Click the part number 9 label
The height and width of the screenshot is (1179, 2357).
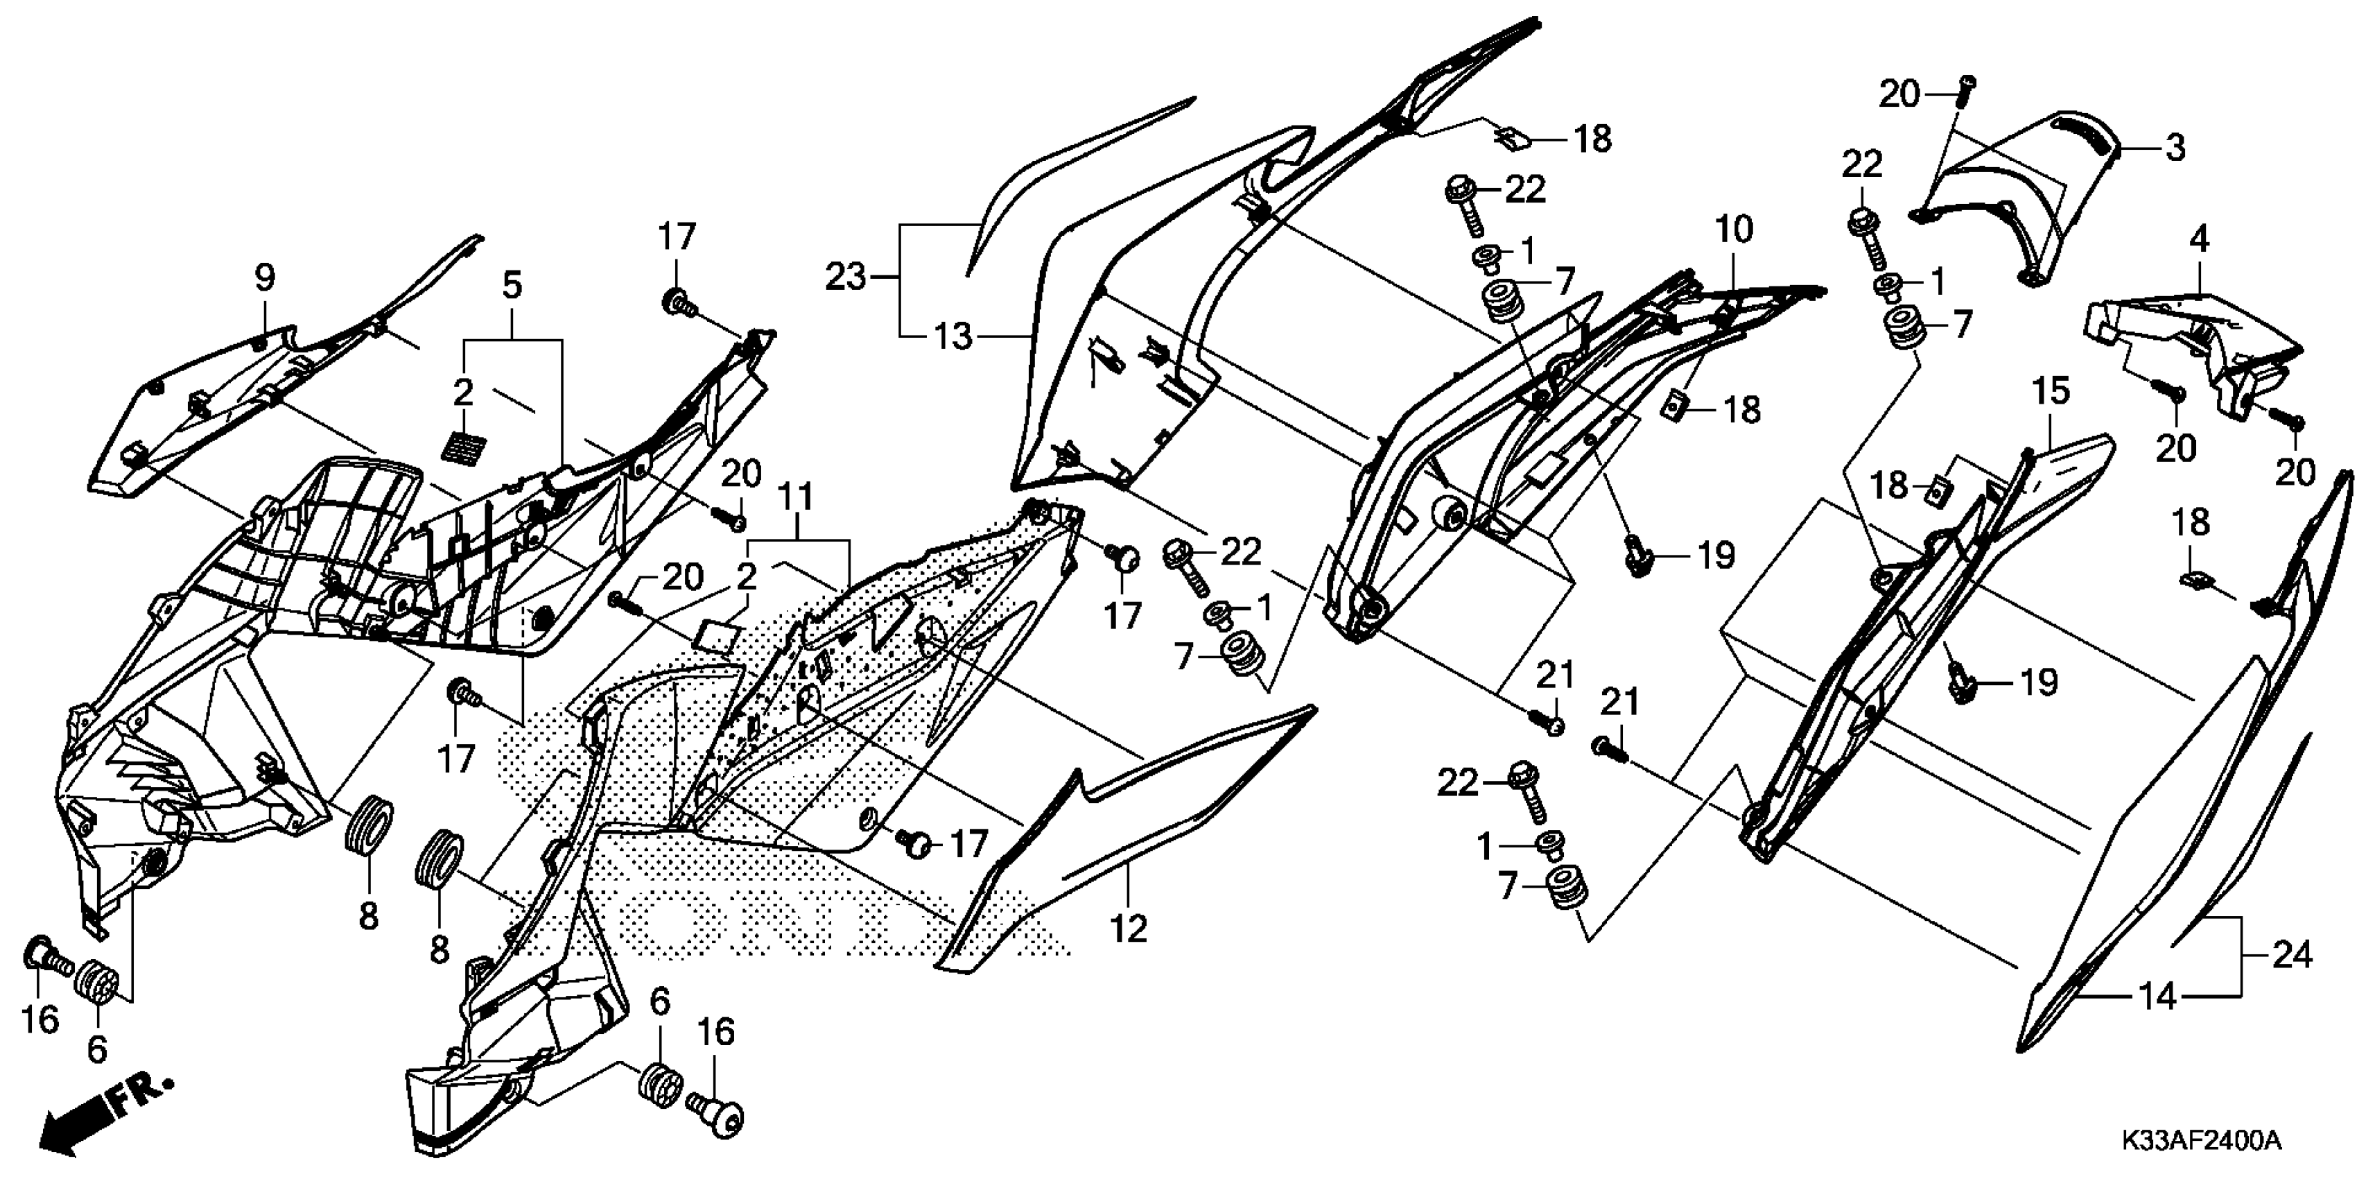(x=264, y=277)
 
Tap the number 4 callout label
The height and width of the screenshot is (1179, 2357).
(x=2200, y=240)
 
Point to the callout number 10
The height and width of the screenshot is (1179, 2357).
(x=1733, y=230)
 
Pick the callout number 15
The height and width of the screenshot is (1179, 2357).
(x=2051, y=391)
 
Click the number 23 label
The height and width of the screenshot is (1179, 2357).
(x=846, y=277)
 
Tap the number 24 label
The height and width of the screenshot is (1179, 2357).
(x=2291, y=956)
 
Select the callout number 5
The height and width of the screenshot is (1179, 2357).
(x=512, y=286)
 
